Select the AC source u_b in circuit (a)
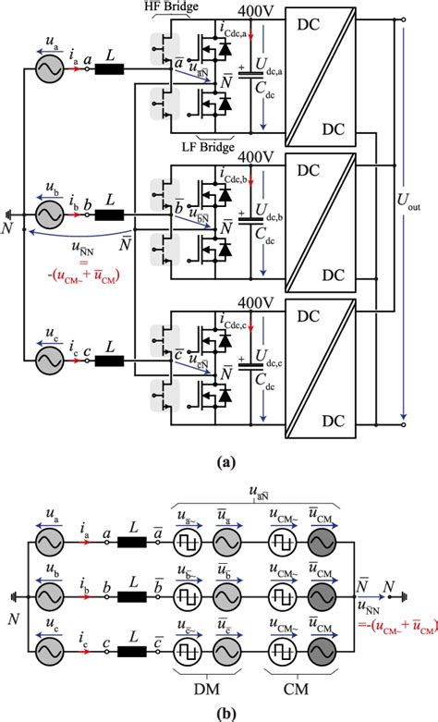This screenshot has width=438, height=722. pos(47,214)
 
